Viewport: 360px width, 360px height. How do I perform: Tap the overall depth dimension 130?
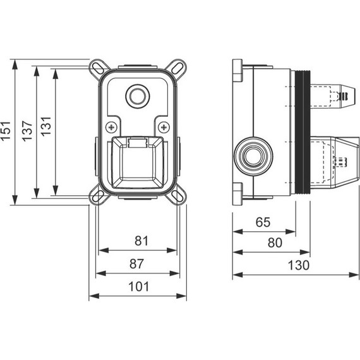pos(296,265)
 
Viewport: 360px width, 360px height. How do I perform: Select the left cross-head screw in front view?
pos(111,125)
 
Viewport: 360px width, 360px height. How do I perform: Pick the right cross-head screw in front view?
pos(163,125)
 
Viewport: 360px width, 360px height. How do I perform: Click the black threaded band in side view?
pos(305,132)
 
